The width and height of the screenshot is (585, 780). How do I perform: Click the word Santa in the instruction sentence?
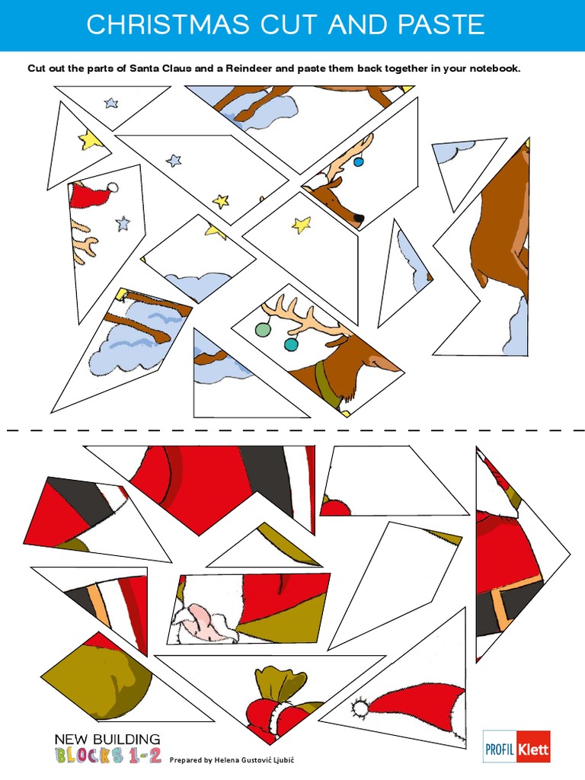point(146,69)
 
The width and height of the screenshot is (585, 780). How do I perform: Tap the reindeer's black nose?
point(358,219)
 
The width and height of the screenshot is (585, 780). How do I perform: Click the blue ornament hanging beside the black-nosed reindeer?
point(359,161)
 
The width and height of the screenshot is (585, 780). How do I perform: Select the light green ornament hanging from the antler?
point(263,329)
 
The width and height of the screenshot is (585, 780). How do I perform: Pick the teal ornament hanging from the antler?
point(291,344)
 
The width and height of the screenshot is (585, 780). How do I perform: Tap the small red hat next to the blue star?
point(91,196)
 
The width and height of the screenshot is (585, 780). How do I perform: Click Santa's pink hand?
point(202,619)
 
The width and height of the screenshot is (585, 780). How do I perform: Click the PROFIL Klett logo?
point(516,746)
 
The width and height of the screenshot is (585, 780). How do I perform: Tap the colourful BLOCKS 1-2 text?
point(107,755)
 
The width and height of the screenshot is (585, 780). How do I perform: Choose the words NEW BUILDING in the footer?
point(107,739)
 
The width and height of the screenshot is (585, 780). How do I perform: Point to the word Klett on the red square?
point(533,747)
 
